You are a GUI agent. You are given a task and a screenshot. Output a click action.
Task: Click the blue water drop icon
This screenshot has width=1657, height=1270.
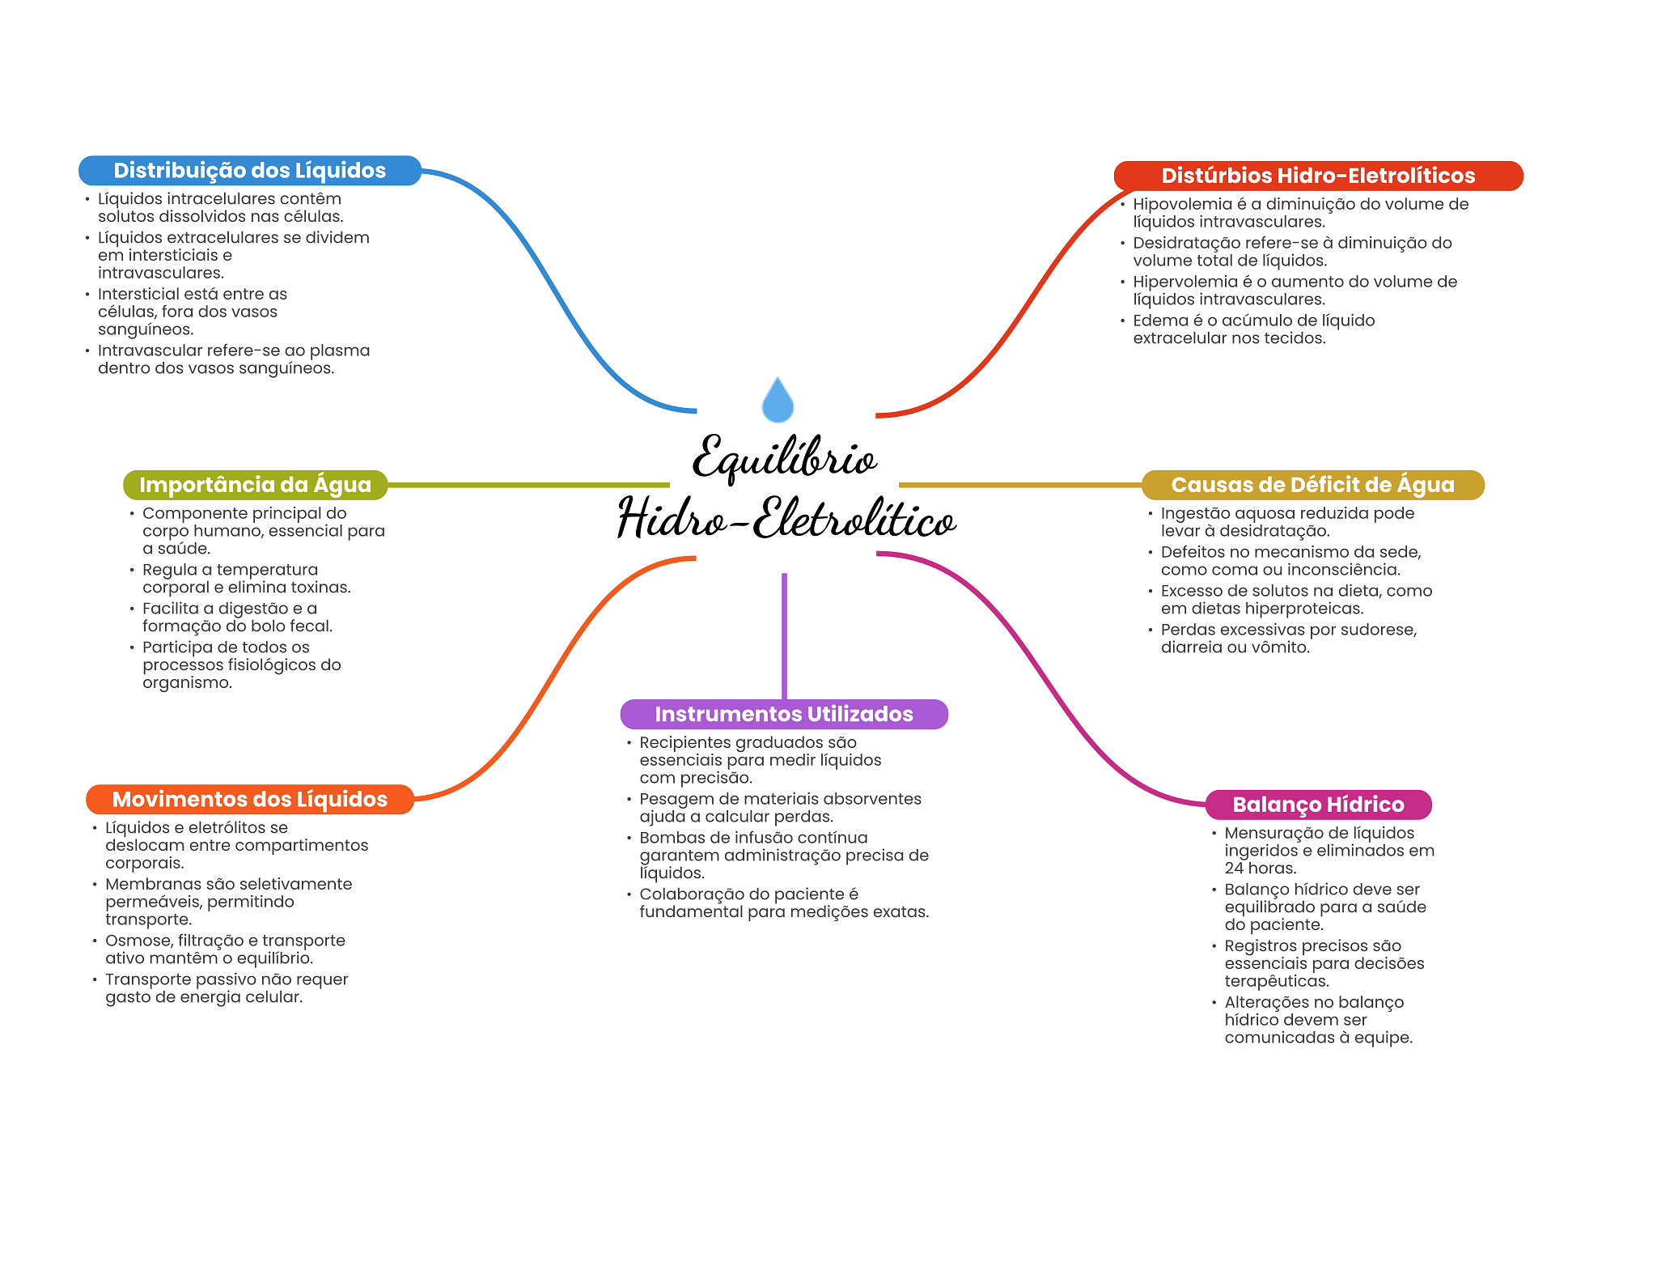(x=778, y=401)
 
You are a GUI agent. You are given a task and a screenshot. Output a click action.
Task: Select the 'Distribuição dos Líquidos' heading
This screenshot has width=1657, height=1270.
(x=249, y=171)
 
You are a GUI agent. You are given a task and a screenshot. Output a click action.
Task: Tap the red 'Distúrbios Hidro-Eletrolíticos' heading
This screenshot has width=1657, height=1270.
(x=1317, y=176)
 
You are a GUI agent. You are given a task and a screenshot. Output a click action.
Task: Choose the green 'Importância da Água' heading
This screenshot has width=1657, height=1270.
(x=255, y=485)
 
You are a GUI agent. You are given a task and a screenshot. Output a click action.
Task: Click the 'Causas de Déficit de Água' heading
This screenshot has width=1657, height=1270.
(x=1312, y=485)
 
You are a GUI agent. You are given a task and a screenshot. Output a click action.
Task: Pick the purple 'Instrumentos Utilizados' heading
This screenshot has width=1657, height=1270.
(x=783, y=714)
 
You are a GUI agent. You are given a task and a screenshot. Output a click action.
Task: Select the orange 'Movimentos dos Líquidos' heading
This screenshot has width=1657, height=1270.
(x=249, y=799)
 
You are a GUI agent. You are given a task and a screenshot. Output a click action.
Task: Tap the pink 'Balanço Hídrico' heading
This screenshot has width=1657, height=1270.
(x=1317, y=805)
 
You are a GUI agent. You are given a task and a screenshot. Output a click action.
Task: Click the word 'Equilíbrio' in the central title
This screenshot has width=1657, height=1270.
(x=784, y=458)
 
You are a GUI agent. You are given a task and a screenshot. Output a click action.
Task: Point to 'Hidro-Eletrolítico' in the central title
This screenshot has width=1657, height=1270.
(x=786, y=519)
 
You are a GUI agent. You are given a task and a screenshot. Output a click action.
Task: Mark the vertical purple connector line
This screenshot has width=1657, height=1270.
(x=784, y=635)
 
